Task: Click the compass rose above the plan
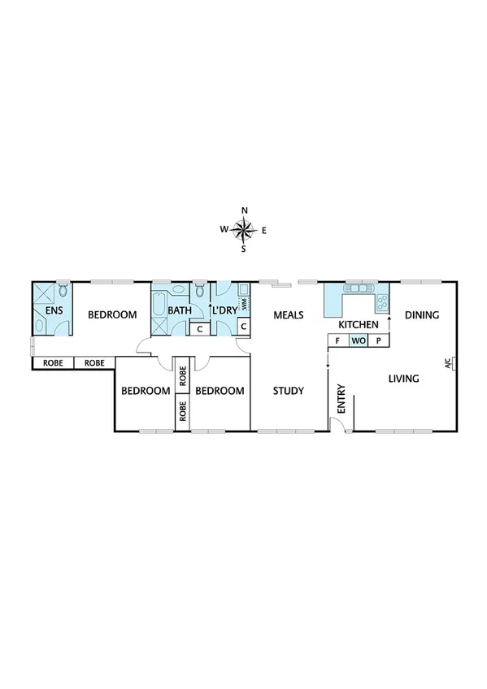coord(244,230)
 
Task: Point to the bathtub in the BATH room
coord(159,300)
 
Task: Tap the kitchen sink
coord(358,288)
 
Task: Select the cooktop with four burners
coord(380,304)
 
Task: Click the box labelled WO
coord(358,341)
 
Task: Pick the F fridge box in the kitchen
coord(337,341)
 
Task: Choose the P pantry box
coord(378,341)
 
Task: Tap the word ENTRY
coord(341,400)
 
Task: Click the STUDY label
coord(288,391)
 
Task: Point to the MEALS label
coord(289,314)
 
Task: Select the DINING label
coord(422,314)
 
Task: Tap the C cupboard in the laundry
coord(243,327)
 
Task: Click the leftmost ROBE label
coord(52,362)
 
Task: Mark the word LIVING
coord(403,378)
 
